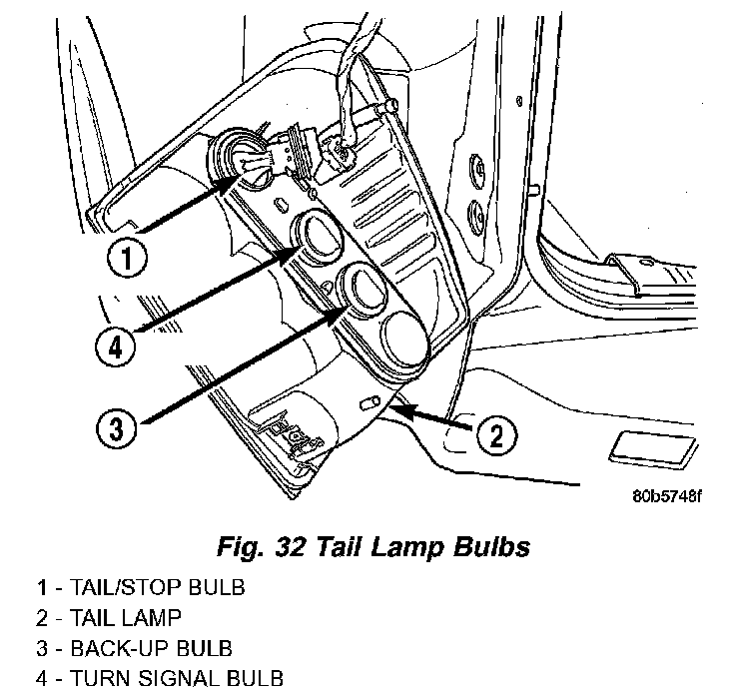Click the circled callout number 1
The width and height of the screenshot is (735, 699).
click(x=127, y=258)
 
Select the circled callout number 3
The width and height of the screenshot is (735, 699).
click(x=116, y=428)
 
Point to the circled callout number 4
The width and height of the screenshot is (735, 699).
click(x=115, y=348)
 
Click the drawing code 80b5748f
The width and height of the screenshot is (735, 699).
click(x=667, y=496)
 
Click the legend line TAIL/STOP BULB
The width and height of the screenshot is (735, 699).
click(x=141, y=587)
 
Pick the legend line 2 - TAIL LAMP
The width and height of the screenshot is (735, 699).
click(x=108, y=618)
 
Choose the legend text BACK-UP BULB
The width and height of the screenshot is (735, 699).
click(x=151, y=648)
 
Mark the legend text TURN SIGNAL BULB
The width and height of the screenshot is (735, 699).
click(x=176, y=679)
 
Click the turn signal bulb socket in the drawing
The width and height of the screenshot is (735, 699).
click(x=318, y=236)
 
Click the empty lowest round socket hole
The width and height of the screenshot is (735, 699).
click(x=405, y=338)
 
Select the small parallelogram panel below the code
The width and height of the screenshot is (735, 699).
click(x=653, y=449)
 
